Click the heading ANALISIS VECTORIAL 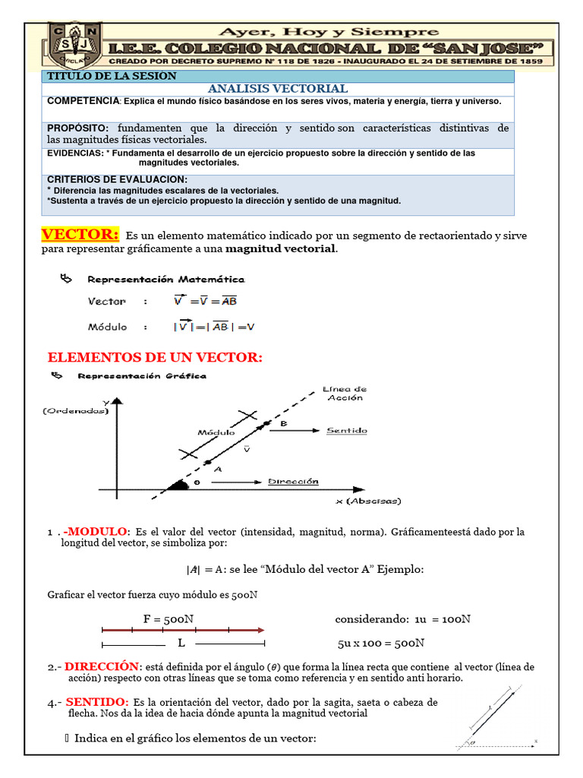point(277,89)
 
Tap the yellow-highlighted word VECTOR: point(80,233)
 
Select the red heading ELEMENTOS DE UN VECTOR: point(155,357)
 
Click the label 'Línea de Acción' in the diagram point(344,393)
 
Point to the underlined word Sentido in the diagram point(346,431)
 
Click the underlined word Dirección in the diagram point(293,481)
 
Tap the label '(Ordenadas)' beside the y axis point(75,410)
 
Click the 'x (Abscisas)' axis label point(368,501)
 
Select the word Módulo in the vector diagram point(216,432)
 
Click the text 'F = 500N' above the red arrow point(168,618)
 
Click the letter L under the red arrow point(181,643)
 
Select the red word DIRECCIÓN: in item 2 point(102,666)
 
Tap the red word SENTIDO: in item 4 point(97,701)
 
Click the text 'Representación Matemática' point(166,280)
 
